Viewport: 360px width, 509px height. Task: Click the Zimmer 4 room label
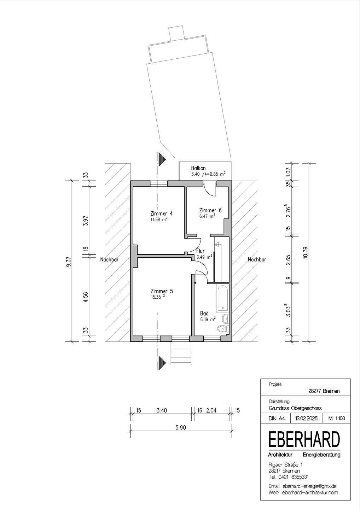coord(161,213)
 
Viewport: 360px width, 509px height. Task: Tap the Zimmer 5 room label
coord(161,291)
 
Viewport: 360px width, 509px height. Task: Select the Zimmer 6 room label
coord(210,210)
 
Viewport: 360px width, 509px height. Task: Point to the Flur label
coord(201,251)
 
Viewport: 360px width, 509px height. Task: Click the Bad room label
coord(204,313)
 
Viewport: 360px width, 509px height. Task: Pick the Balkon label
coord(198,168)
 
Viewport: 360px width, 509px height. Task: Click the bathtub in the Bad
coord(223,297)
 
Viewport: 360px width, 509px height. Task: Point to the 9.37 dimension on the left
coord(69,261)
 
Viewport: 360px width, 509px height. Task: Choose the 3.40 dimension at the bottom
coord(161,410)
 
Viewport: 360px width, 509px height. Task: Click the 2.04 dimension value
coord(211,410)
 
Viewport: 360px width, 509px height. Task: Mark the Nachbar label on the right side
coord(257,259)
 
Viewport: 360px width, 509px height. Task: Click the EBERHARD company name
coord(304,440)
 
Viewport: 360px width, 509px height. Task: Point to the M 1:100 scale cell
coord(336,419)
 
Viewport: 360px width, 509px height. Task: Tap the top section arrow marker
coord(162,159)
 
